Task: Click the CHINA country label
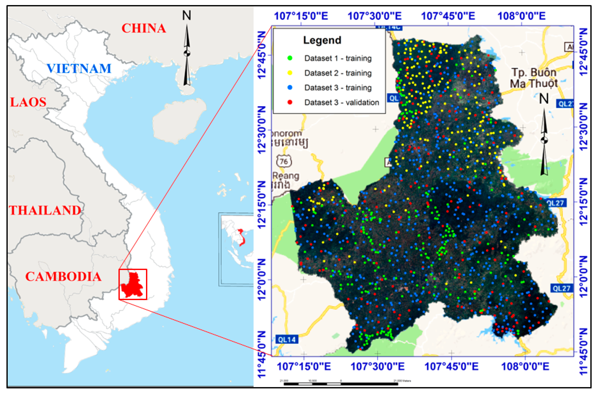click(144, 28)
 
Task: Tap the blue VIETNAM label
click(79, 68)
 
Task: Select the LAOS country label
click(28, 102)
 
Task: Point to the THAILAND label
click(45, 210)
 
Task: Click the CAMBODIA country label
click(63, 276)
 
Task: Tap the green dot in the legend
click(290, 58)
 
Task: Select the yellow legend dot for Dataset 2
click(290, 73)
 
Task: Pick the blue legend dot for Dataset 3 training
click(290, 87)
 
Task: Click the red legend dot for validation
click(290, 102)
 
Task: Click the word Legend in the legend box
click(322, 40)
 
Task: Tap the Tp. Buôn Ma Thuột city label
click(534, 78)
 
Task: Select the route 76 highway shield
click(284, 161)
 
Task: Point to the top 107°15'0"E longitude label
click(301, 16)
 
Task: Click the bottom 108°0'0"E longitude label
click(525, 367)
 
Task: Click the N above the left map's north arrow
click(186, 16)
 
